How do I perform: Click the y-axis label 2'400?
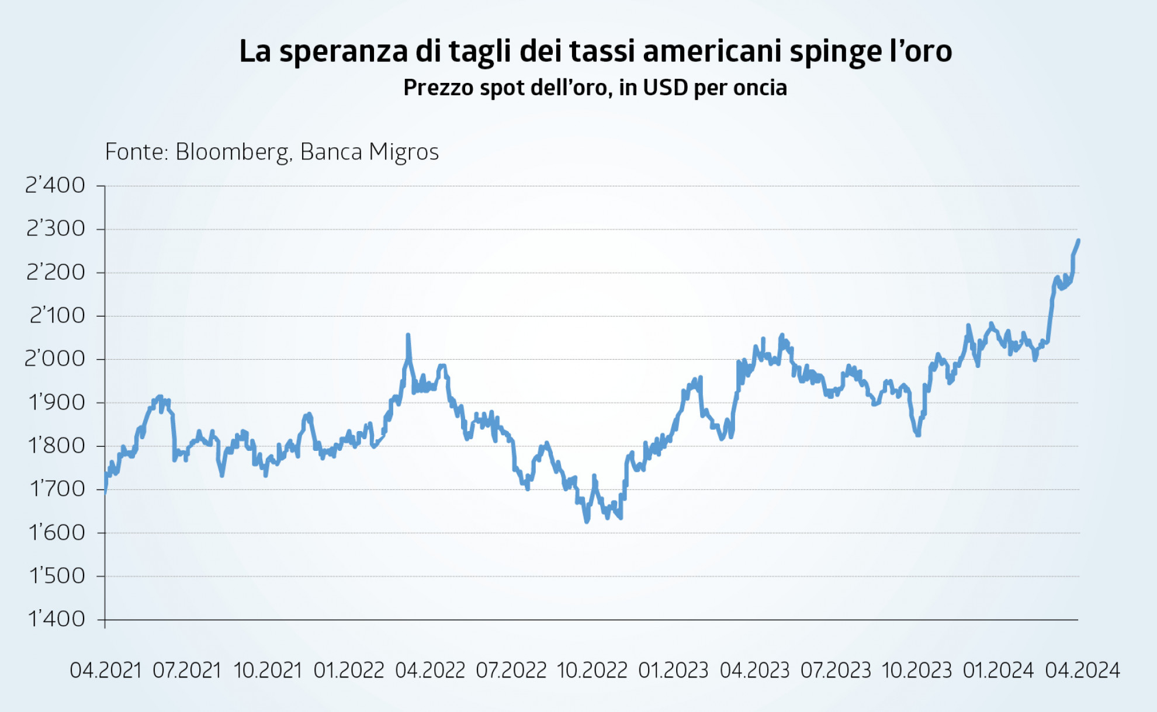pos(55,185)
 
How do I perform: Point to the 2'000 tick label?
pos(55,359)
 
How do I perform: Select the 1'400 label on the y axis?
pos(56,619)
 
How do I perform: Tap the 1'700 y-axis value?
pos(57,488)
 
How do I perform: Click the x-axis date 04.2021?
pos(106,670)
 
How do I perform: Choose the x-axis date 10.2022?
pos(592,670)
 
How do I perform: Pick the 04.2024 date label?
pos(1082,670)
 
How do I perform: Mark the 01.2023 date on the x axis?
pos(673,670)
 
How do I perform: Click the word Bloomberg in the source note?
pos(233,152)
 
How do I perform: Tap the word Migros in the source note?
pos(403,152)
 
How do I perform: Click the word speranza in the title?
pos(343,51)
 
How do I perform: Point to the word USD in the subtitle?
pos(665,88)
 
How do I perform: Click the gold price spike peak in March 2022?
pos(408,335)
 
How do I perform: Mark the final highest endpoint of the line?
pos(1078,241)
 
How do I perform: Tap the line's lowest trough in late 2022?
pos(587,521)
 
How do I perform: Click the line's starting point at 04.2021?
pos(105,492)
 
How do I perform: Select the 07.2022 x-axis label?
pos(511,670)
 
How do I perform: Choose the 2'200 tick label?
pos(56,272)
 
